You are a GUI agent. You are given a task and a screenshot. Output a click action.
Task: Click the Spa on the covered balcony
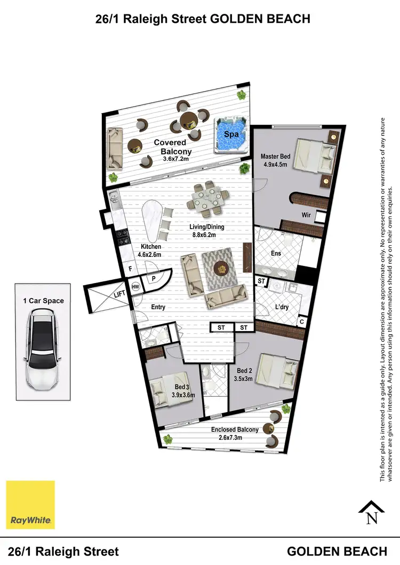click(231, 134)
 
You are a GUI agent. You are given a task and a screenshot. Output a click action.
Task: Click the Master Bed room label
click(275, 156)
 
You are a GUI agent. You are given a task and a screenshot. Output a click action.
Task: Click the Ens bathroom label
click(276, 253)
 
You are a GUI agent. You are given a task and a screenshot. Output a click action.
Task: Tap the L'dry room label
click(282, 307)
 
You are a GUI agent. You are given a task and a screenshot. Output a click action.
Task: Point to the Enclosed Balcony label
click(235, 430)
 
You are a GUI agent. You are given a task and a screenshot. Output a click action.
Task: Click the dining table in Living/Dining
click(207, 198)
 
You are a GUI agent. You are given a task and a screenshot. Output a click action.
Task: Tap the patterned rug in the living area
click(220, 269)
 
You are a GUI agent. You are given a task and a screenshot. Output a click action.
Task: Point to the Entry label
click(158, 307)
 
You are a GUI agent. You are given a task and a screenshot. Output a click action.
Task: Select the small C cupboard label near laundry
click(301, 322)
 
